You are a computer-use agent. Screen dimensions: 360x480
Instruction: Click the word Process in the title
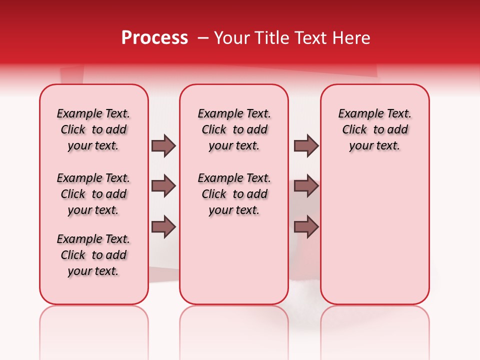click(154, 38)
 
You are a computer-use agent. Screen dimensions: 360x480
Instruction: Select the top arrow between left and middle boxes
click(163, 145)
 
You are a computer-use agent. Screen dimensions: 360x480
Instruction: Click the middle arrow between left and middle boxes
click(163, 186)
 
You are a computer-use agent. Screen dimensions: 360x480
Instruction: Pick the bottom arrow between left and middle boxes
click(163, 227)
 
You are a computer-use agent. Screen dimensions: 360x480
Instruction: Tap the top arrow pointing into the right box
click(306, 145)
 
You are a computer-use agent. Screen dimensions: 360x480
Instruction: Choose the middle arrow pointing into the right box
click(306, 186)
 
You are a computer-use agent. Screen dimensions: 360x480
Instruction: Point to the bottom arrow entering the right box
click(306, 227)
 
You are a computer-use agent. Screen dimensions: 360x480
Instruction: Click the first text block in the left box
click(93, 129)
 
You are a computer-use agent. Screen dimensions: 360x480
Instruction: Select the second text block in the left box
click(93, 194)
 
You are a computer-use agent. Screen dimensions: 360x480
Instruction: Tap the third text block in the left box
click(93, 255)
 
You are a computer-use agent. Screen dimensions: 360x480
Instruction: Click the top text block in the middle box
click(234, 129)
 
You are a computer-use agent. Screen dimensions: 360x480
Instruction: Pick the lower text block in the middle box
click(234, 194)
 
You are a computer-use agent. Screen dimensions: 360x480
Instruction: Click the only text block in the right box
click(374, 129)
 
